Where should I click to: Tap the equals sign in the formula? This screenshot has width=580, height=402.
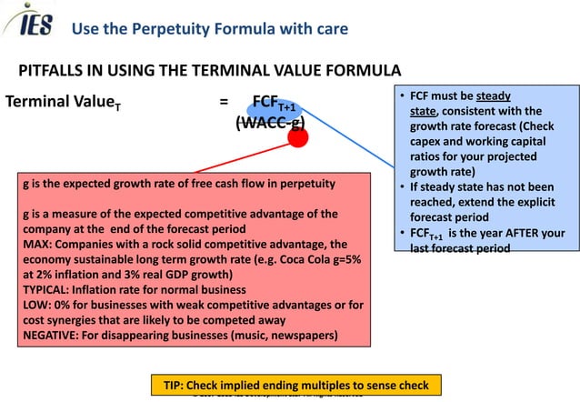[224, 101]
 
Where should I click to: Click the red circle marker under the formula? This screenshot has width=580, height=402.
[296, 137]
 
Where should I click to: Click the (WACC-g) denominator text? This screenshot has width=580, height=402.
[269, 123]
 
